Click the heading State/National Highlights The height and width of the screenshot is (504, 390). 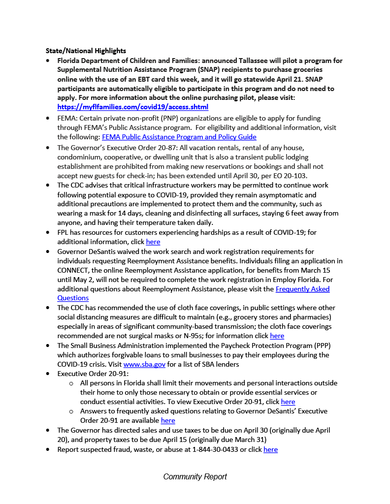86,51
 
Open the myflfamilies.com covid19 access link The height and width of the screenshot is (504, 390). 132,107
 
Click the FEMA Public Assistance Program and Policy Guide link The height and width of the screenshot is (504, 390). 179,137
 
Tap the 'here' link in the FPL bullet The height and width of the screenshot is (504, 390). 153,242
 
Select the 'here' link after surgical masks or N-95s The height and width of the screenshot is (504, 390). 277,336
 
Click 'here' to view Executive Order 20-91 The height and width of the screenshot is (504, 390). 288,402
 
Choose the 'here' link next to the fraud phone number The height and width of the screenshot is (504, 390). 270,449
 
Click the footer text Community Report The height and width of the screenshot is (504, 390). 195,476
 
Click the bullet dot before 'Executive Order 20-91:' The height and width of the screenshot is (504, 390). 47,374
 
